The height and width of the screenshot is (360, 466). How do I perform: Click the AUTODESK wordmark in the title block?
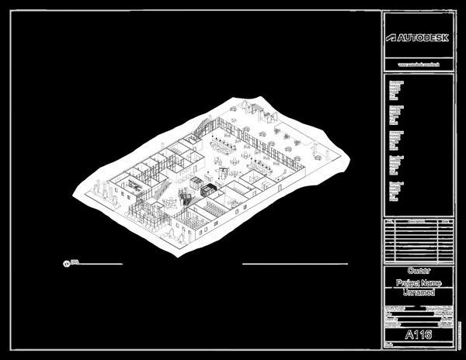[x=424, y=37]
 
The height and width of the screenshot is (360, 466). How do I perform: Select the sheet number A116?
[x=419, y=334]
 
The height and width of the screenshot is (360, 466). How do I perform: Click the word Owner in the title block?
[x=419, y=272]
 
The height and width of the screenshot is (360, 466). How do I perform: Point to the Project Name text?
[x=419, y=284]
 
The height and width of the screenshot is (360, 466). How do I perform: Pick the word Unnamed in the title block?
[x=419, y=293]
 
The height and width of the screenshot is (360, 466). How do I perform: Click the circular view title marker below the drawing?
[x=66, y=264]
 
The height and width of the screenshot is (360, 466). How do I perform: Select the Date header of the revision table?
[x=445, y=220]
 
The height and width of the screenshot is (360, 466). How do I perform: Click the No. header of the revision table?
[x=389, y=220]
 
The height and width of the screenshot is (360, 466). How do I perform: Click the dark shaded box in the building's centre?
[x=207, y=189]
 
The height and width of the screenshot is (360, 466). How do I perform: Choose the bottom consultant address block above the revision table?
[x=395, y=191]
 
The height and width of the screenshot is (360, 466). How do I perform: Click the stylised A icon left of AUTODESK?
[x=391, y=37]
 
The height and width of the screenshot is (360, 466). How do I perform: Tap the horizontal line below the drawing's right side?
[x=294, y=264]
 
